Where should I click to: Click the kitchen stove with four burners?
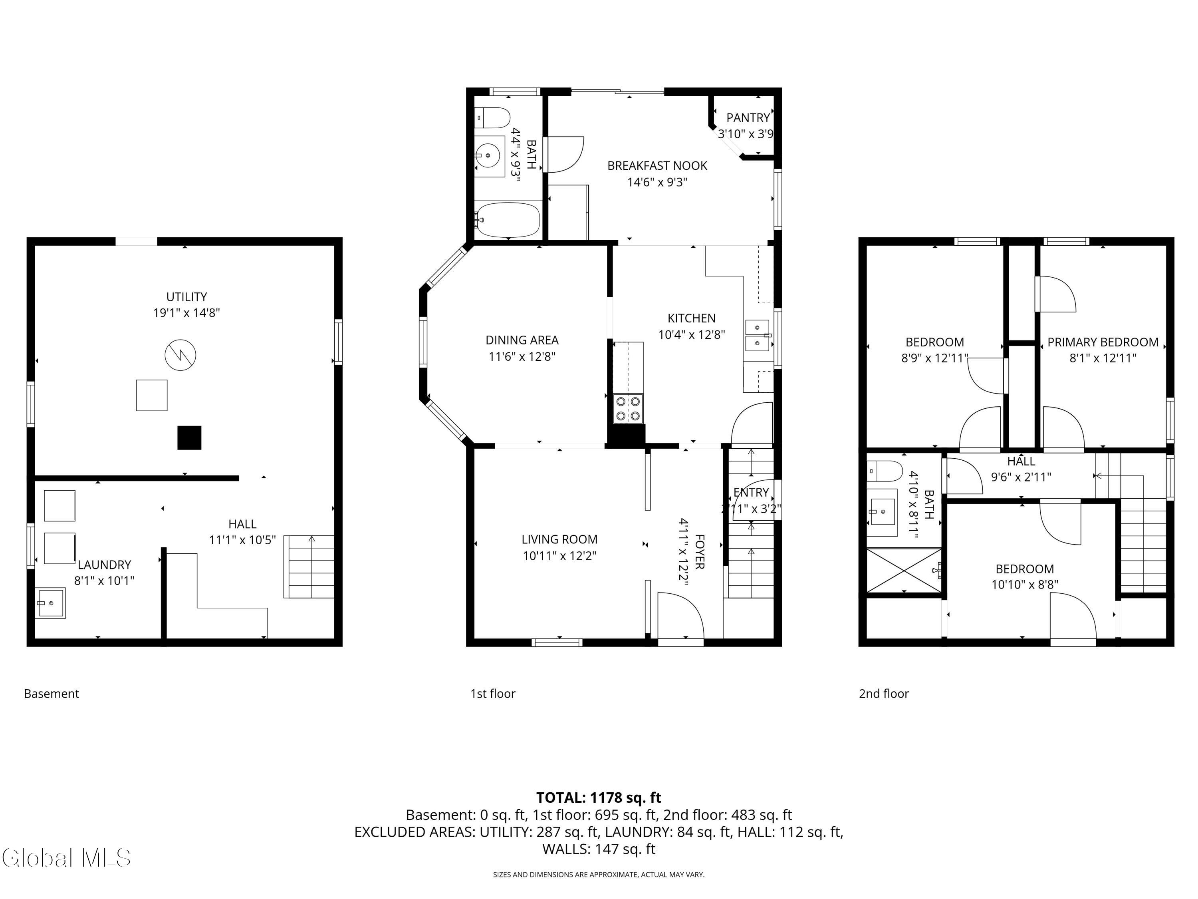point(628,409)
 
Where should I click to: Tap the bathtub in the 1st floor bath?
point(508,220)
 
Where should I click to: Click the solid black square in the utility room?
point(190,438)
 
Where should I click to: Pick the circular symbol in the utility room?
point(180,355)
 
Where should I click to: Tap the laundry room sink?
point(50,603)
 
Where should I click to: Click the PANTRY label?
point(748,117)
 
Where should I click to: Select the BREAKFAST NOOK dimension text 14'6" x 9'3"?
point(657,182)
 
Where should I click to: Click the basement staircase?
point(309,567)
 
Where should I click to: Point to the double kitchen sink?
point(758,336)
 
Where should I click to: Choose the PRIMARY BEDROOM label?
point(1103,342)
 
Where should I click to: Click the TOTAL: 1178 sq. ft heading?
point(599,798)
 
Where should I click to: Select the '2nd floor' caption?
point(883,694)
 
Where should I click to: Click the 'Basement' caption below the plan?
point(52,694)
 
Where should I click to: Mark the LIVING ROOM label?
point(559,539)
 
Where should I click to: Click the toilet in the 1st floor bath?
point(494,117)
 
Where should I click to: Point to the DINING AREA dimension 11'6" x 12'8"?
point(522,356)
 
